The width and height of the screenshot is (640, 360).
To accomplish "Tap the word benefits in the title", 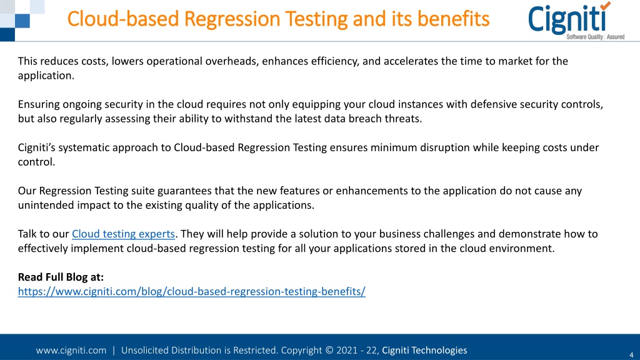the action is [453, 19].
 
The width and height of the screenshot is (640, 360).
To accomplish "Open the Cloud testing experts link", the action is [123, 234].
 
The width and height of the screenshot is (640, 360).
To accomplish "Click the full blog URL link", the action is [191, 291].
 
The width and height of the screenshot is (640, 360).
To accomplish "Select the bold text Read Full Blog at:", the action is [61, 277].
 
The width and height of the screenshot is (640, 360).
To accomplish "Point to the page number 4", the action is [631, 355].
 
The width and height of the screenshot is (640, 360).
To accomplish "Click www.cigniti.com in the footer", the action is [71, 350].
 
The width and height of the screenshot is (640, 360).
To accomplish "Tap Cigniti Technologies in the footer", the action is [424, 350].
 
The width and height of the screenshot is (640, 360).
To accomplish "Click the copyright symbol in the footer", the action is [329, 350].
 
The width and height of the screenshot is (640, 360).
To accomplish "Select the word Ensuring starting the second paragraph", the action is [39, 104].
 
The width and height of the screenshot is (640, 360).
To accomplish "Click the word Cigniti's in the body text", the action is [37, 147].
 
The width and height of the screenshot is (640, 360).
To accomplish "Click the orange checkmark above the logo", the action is [605, 6].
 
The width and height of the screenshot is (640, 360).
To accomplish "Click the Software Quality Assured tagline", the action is [595, 37].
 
